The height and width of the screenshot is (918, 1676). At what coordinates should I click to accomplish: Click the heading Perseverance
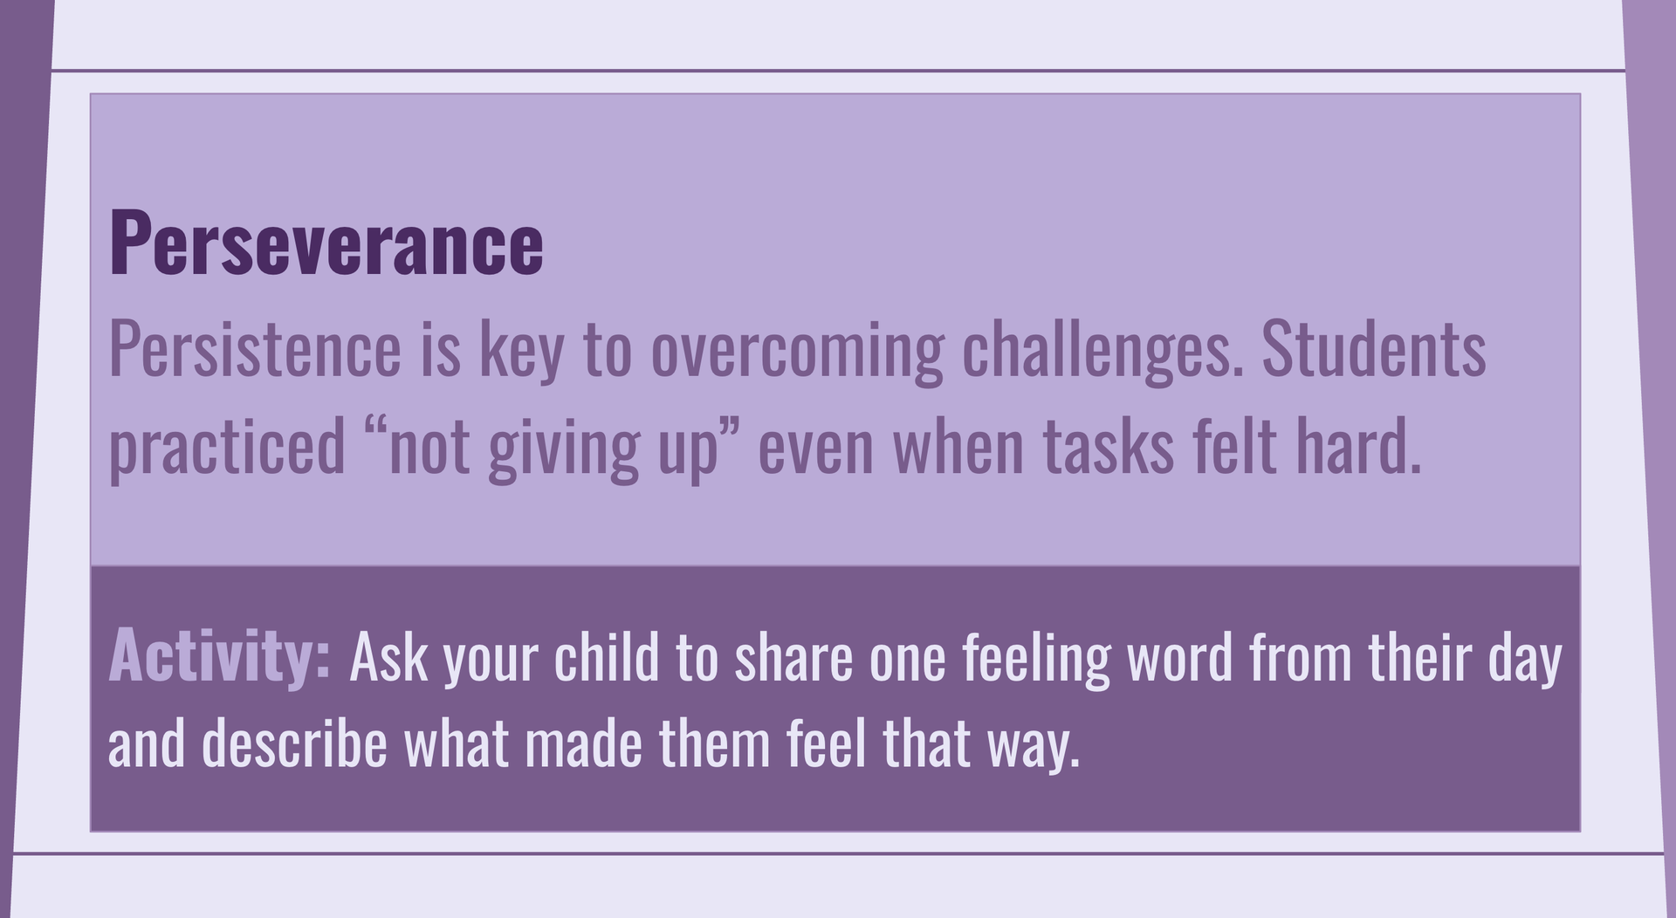(326, 244)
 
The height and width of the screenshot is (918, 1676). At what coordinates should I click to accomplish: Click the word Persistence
(255, 349)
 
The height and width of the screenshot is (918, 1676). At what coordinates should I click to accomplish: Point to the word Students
(1374, 349)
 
